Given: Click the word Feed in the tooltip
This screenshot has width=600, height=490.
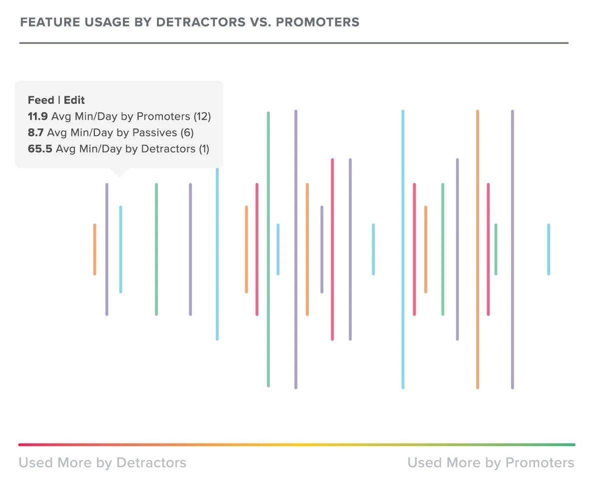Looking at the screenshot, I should [41, 100].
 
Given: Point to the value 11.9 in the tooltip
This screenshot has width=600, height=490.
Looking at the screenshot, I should [37, 117].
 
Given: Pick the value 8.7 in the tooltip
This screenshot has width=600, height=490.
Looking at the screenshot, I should [35, 133].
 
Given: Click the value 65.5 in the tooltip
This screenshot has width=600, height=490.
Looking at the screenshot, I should [40, 149].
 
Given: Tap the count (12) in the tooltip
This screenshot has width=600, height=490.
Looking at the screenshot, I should [202, 117].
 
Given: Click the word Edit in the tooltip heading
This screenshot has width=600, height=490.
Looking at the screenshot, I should [74, 100].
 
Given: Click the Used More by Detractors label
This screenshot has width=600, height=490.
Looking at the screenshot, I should [102, 463].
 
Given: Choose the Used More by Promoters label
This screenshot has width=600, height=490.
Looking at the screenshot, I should [491, 463].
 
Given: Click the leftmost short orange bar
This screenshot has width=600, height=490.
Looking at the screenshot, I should [94, 249].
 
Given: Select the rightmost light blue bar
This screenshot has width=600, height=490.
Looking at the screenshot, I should [549, 249].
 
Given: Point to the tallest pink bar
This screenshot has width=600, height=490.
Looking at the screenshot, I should [332, 249].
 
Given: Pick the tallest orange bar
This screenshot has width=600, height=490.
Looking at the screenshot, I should [478, 249].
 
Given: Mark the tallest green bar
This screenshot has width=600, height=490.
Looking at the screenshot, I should [268, 249].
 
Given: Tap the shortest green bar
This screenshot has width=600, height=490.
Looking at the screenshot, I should [496, 249].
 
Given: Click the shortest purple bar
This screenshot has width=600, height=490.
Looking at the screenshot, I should [322, 249].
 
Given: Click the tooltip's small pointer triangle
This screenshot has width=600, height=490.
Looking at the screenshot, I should [118, 172].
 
